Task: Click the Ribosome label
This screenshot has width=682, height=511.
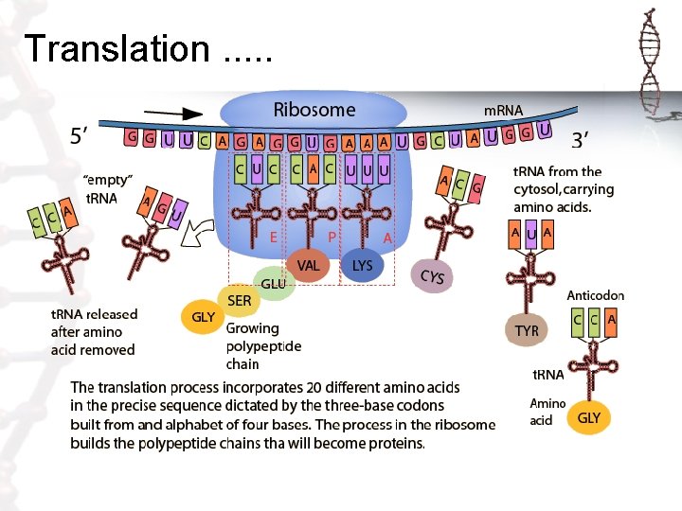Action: [314, 110]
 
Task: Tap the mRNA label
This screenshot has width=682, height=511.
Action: [503, 111]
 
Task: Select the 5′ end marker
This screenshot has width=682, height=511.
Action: [83, 136]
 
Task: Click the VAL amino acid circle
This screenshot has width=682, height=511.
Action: [309, 266]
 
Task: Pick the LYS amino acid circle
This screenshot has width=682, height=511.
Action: [362, 266]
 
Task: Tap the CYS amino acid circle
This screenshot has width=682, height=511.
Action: [432, 276]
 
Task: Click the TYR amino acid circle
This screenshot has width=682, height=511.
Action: [527, 330]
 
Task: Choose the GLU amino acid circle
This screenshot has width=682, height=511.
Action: [274, 283]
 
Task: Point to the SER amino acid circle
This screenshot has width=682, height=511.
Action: [240, 300]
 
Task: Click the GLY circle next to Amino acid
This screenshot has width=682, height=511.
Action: [589, 417]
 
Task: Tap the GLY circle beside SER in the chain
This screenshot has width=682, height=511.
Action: [203, 317]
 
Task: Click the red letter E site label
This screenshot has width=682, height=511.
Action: [274, 238]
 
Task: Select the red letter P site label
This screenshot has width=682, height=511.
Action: [332, 238]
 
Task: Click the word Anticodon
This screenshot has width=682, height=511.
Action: [595, 295]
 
